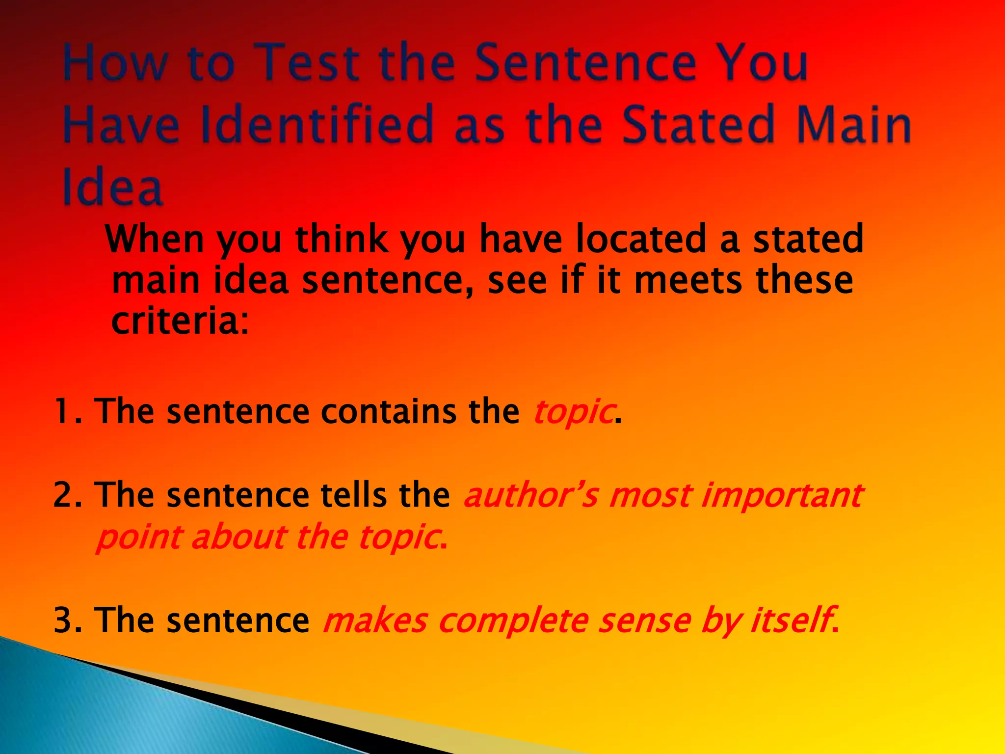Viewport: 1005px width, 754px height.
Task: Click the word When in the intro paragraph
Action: (x=155, y=239)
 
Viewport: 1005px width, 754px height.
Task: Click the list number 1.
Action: (x=66, y=411)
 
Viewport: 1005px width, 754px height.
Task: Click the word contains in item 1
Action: (x=388, y=411)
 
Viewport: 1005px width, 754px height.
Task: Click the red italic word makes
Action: (x=375, y=620)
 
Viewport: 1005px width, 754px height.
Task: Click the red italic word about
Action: (x=238, y=537)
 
